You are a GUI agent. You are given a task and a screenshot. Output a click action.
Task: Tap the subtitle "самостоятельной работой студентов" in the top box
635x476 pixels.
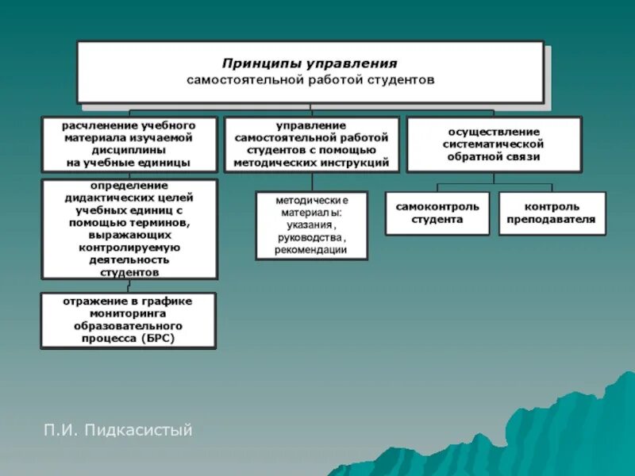310,80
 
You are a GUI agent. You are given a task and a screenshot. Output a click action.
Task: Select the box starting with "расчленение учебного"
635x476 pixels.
129,144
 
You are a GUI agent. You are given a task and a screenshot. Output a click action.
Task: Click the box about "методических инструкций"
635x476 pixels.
311,144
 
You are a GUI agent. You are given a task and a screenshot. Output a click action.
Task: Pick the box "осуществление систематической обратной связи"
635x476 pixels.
493,144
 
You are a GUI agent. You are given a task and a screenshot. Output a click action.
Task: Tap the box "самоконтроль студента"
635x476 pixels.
437,213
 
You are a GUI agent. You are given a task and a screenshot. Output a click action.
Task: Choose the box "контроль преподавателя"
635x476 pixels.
552,213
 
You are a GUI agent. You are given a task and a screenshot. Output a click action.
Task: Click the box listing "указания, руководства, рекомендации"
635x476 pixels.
311,225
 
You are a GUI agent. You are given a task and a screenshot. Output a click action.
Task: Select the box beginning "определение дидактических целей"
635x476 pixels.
129,228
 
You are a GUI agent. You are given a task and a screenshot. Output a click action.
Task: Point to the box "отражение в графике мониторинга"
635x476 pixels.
128,320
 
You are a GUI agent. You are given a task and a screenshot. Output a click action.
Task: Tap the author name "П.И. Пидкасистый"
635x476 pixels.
118,431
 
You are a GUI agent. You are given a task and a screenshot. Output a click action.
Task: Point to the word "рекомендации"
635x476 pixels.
311,250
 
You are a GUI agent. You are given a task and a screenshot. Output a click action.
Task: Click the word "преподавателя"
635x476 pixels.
552,220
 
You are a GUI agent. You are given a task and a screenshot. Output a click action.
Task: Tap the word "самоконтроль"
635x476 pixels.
437,206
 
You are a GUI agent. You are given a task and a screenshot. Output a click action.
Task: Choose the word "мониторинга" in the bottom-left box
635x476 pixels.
129,313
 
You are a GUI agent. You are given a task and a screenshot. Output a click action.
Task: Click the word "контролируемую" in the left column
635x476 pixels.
129,248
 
